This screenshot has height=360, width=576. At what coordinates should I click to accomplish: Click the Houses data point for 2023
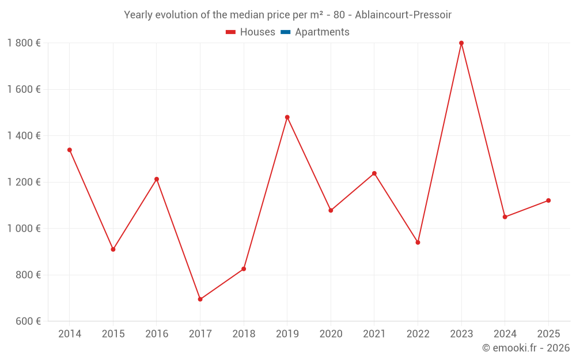(x=461, y=43)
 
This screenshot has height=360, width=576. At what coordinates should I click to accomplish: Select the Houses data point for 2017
(x=200, y=300)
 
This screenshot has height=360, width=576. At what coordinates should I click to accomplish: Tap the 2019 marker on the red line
(x=287, y=117)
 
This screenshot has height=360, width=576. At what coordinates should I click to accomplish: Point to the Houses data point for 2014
(x=70, y=150)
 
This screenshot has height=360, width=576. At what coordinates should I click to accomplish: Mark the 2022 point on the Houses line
(x=418, y=242)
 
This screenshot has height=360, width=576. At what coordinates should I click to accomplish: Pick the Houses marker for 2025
(x=548, y=200)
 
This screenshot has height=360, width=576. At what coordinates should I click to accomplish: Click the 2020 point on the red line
(x=331, y=210)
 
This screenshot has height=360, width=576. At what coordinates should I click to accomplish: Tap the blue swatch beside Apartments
(x=285, y=32)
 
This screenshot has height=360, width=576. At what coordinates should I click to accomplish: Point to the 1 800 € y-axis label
(x=24, y=43)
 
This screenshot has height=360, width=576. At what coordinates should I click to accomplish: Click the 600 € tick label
(x=28, y=321)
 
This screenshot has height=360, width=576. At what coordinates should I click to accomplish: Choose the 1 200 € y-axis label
(x=24, y=182)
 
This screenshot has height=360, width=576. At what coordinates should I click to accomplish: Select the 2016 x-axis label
(x=157, y=334)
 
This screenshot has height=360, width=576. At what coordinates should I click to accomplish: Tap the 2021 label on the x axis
(x=374, y=334)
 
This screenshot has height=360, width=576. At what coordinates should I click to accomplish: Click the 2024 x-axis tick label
(x=505, y=334)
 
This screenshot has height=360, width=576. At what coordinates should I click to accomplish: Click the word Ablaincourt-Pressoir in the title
(x=403, y=14)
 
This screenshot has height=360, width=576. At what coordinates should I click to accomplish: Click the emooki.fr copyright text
(x=526, y=348)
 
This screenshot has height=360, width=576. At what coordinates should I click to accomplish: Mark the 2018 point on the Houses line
(x=244, y=269)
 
